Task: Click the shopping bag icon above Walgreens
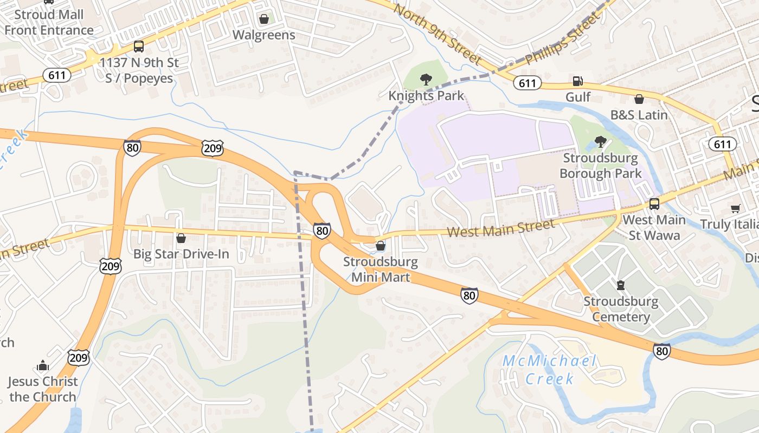click(x=264, y=19)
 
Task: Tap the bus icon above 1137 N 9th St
click(x=139, y=47)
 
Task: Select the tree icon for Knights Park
click(x=426, y=80)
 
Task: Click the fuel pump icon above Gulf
click(x=578, y=82)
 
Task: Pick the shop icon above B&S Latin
click(x=639, y=99)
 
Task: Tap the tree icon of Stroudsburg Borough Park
click(x=600, y=142)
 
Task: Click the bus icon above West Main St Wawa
click(x=654, y=204)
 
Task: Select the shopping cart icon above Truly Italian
click(x=736, y=208)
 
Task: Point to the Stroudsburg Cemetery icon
click(x=621, y=285)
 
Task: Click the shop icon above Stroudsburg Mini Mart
click(x=381, y=246)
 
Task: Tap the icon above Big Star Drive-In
click(x=181, y=238)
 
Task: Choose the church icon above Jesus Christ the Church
click(x=43, y=366)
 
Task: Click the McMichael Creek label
click(x=549, y=370)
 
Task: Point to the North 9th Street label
click(x=437, y=34)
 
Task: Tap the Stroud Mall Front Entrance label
click(x=49, y=22)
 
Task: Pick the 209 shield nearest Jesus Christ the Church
click(x=79, y=357)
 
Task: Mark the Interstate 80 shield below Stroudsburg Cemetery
click(x=661, y=351)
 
